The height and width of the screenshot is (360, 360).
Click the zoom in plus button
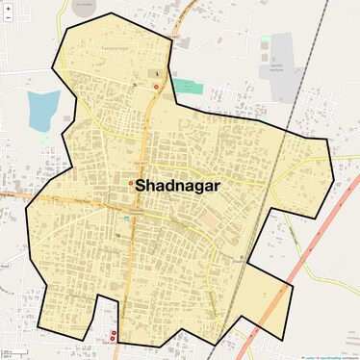(8, 8)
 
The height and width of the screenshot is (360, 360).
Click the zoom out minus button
(8, 18)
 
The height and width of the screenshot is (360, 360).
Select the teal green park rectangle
(190, 88)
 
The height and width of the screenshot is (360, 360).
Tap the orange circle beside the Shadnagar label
(131, 183)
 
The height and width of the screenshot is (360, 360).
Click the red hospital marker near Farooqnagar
(156, 87)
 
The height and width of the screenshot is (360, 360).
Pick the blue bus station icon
(125, 218)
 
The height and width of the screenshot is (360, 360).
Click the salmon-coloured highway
(289, 270)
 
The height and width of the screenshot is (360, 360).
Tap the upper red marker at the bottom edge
(114, 333)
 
